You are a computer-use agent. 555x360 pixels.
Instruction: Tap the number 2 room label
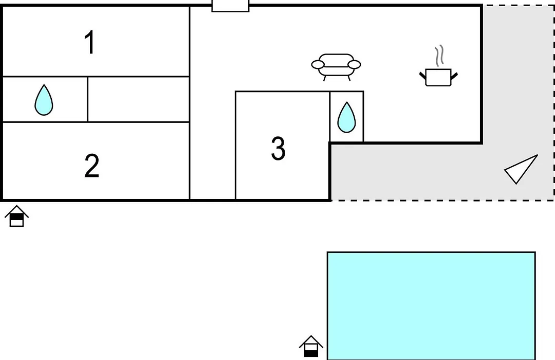coord(91,166)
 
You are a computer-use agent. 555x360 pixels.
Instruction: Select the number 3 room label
coord(278,149)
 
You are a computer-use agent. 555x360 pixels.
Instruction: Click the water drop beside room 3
coord(346,117)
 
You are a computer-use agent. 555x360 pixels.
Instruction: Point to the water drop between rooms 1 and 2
coord(44,100)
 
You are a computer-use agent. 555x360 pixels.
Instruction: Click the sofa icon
coord(336,67)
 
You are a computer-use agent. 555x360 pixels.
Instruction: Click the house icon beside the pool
coord(311,346)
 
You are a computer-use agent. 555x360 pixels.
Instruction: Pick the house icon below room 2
coord(16,216)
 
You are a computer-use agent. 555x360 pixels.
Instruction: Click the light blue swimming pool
coord(431,306)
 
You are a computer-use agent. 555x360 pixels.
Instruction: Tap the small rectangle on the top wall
coord(230,6)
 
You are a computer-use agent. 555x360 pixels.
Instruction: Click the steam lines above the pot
coord(439,56)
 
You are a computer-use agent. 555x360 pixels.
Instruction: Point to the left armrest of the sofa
coord(318,64)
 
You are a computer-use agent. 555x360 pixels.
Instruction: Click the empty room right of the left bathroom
coord(138,99)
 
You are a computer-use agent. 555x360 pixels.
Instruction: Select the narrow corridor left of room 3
coord(212,145)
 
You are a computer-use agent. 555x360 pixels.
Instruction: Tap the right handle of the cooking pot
coord(454,76)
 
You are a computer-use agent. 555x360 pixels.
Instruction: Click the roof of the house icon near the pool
coord(311,341)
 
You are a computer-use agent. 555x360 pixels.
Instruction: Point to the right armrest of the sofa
coord(354,64)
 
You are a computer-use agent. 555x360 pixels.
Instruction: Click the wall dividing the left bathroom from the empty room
coord(87,99)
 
